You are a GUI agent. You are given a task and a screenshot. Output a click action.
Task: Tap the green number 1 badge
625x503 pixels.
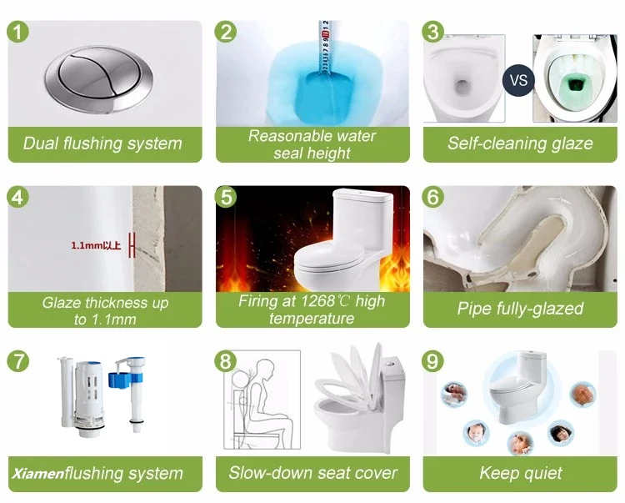(18, 32)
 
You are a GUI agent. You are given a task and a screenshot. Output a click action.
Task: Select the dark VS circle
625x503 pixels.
(518, 80)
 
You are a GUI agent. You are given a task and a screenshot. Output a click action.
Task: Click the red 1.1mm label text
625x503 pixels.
(96, 245)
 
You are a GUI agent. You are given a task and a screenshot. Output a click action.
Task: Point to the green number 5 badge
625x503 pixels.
(226, 197)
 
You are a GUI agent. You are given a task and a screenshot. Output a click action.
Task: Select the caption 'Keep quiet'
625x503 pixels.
(520, 473)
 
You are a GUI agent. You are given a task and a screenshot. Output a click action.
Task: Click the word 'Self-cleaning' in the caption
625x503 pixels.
(497, 143)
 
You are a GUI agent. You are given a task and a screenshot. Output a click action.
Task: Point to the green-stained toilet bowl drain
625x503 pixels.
(575, 84)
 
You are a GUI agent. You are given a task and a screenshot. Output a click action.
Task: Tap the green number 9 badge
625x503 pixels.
(432, 361)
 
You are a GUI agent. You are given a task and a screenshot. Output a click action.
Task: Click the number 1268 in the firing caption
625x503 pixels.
(318, 301)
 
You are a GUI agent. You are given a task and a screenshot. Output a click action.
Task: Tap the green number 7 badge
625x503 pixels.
(18, 361)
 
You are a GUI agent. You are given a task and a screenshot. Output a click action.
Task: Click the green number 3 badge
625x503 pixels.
(432, 32)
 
